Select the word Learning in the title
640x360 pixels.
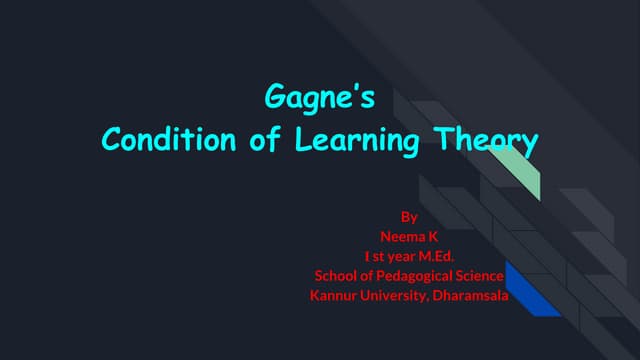[x=356, y=141]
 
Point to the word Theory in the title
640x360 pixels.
[x=489, y=140]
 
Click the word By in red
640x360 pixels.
[x=408, y=216]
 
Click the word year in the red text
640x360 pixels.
[x=404, y=256]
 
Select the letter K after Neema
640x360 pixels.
[x=433, y=236]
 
